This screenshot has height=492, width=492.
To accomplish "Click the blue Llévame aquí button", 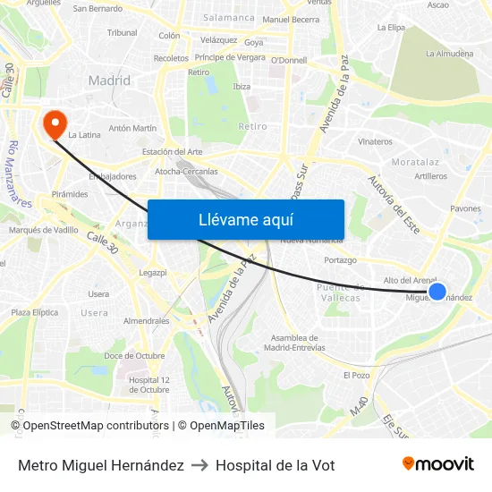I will click(246, 219).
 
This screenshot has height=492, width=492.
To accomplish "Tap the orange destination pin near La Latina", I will click(55, 123).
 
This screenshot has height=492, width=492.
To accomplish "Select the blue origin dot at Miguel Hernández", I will click(437, 292).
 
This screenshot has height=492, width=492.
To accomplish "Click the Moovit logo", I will click(438, 464).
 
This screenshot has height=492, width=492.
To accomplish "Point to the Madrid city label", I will click(109, 81).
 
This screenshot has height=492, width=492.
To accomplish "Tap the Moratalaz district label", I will click(415, 162).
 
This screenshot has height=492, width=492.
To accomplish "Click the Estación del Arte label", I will click(172, 152).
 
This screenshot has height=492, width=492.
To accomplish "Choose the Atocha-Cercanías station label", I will click(186, 171).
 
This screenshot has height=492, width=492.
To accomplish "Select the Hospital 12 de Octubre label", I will click(148, 384).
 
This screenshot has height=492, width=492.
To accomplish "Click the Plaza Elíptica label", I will click(35, 312).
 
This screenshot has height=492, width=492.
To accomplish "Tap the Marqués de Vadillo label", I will click(44, 230).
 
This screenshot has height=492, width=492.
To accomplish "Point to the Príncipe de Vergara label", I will click(230, 57).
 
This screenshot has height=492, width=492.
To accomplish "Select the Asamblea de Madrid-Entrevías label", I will click(298, 343).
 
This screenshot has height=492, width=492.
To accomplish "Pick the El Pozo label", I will click(356, 375).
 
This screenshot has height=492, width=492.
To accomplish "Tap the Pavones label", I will click(466, 208).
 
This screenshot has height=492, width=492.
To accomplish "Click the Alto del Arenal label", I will click(410, 280).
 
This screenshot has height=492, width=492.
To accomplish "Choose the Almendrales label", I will click(147, 320).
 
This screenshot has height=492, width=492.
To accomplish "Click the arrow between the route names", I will click(199, 465).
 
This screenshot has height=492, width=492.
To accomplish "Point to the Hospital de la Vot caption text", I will click(276, 465).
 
